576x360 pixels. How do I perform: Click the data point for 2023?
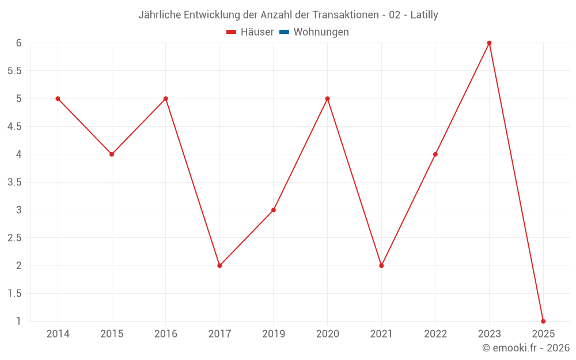(x=489, y=43)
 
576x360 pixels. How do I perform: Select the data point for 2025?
(x=543, y=321)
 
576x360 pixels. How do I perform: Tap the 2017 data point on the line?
(x=219, y=266)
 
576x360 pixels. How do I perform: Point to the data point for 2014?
(x=58, y=98)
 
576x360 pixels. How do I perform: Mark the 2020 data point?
(x=327, y=98)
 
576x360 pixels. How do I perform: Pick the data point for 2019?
(x=274, y=210)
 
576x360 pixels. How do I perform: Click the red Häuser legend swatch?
(x=232, y=32)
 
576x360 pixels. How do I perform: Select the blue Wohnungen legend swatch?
(x=284, y=32)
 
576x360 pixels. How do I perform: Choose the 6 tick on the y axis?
(x=18, y=43)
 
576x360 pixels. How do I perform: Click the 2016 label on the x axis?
(x=166, y=334)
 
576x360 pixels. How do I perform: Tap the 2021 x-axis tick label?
(x=381, y=334)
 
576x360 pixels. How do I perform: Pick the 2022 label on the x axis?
(x=435, y=334)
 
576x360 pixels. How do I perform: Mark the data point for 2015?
(x=112, y=154)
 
